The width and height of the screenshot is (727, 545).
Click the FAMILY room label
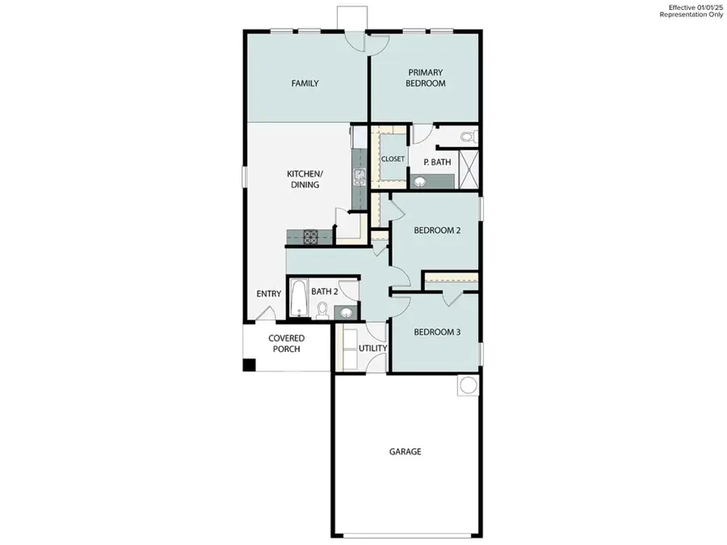coord(305,83)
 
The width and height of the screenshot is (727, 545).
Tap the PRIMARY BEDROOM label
coord(427,78)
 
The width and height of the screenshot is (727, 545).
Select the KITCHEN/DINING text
coord(305,179)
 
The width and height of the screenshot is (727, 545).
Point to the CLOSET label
coord(393,159)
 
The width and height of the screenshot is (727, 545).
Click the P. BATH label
coord(438,162)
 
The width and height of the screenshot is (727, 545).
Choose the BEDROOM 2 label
coord(437,230)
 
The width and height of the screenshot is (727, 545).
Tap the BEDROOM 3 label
coord(437,332)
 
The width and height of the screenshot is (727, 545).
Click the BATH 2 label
coord(324,291)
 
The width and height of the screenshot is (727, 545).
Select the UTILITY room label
coord(373,348)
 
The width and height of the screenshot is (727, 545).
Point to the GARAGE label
coord(405,451)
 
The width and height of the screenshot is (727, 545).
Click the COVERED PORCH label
coord(287,343)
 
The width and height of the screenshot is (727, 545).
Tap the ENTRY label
coord(269,294)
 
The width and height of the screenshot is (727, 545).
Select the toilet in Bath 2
coord(322,309)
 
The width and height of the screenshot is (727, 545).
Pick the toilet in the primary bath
coord(467,137)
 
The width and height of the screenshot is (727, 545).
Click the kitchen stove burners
coord(310,237)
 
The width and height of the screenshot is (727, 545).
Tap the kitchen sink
coord(356,176)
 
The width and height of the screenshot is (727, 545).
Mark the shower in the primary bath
coord(468,169)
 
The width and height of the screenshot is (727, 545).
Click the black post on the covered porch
coord(250,365)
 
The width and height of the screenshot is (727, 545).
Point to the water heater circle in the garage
coord(468,386)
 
